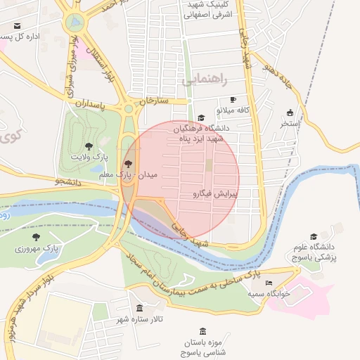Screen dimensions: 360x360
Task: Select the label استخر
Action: tap(290, 124)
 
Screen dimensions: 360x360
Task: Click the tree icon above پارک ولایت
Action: tap(88, 146)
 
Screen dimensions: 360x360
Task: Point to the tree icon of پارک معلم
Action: tap(127, 163)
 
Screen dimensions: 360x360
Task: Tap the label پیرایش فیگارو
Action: tap(215, 193)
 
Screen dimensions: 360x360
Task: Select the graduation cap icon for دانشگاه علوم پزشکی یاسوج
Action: tap(314, 236)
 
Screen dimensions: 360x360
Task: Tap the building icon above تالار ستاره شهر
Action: tap(139, 308)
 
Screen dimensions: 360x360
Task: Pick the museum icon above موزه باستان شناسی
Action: tap(203, 331)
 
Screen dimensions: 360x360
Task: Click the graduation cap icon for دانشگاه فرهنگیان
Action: tap(201, 117)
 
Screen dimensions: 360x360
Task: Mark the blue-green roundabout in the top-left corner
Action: tap(72, 23)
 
